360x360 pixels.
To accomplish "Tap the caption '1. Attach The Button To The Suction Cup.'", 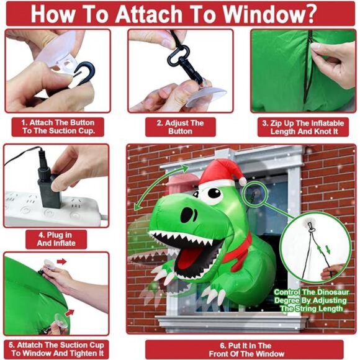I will click(58, 127).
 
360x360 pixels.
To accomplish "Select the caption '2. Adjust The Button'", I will click(180, 127).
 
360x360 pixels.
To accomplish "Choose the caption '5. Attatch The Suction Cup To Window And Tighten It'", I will click(58, 348).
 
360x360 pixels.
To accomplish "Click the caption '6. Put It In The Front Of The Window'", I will click(240, 348).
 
